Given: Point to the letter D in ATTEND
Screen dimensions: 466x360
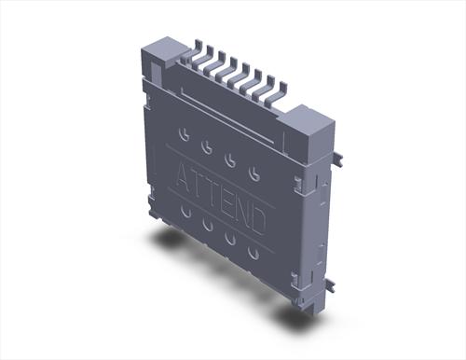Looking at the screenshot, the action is (257, 220).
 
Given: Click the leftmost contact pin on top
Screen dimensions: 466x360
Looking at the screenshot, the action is (195, 56).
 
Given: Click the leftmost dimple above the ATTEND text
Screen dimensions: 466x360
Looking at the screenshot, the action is (185, 134).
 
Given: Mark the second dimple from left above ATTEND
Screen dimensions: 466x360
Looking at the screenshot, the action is (207, 146).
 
